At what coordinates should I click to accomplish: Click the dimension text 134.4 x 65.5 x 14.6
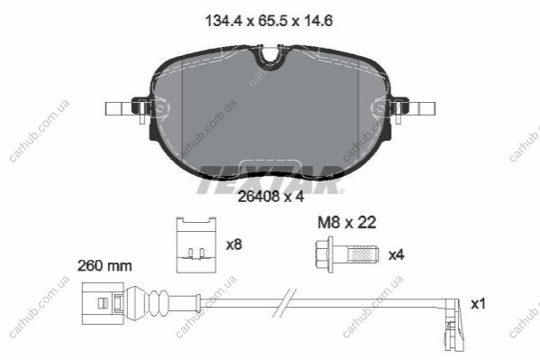pos(269,21)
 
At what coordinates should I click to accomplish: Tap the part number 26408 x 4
pos(271,197)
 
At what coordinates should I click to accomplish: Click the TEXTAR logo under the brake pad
pos(270,180)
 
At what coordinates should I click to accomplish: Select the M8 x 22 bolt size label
pos(346,223)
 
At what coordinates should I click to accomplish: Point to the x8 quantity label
pos(234,245)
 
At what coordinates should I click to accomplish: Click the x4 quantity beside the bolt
pos(396,255)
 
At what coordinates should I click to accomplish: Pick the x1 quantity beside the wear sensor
pos(478,304)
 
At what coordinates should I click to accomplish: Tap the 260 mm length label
pos(105,266)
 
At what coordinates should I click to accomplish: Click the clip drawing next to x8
pos(197,245)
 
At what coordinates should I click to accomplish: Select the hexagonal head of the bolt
pos(325,254)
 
